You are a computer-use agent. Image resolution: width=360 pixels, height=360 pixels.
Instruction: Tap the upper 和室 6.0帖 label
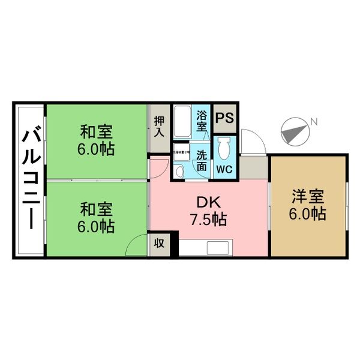[x=97, y=140]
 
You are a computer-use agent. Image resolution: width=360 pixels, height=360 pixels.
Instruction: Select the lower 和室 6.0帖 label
[x=97, y=218]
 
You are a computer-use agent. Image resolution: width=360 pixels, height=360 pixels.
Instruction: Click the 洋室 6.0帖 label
[x=308, y=205]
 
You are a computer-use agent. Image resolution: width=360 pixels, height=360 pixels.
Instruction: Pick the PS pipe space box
[x=225, y=118]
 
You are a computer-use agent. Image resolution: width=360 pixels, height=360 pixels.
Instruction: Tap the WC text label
[x=224, y=169]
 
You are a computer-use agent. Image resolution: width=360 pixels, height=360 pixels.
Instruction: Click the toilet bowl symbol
[x=224, y=148]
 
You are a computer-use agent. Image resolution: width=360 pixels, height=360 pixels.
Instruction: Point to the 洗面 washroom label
[x=203, y=161]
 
